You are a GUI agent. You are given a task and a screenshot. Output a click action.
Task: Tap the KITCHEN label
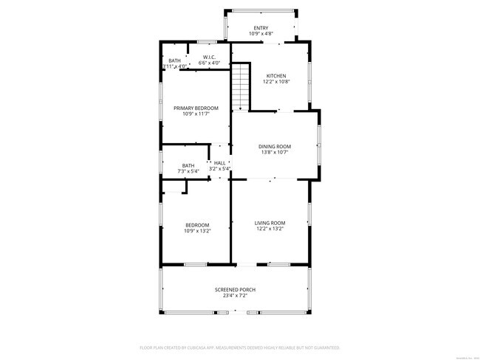[275, 75]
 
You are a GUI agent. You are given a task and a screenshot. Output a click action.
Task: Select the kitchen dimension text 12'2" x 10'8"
[275, 81]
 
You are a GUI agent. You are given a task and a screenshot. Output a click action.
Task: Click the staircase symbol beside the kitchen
[241, 86]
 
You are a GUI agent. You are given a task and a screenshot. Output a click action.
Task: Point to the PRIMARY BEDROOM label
[196, 108]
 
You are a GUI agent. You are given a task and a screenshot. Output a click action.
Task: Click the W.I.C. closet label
[209, 58]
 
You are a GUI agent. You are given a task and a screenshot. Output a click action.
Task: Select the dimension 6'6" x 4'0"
[209, 63]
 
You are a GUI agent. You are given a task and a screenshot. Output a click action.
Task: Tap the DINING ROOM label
[275, 146]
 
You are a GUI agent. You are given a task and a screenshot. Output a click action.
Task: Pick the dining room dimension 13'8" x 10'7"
[275, 153]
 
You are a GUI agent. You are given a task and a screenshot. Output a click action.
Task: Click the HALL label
[219, 163]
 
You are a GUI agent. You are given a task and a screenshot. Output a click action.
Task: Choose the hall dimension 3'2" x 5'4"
[219, 169]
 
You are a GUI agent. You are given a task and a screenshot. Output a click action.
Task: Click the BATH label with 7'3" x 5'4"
[188, 165]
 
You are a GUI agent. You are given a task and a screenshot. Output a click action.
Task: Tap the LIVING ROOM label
[270, 223]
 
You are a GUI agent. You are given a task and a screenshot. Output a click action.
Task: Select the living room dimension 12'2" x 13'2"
[270, 229]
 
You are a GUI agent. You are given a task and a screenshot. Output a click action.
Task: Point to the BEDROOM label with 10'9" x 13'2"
[197, 225]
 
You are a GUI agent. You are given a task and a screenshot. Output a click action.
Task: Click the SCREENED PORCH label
[235, 290]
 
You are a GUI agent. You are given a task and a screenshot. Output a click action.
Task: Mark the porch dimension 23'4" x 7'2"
[235, 296]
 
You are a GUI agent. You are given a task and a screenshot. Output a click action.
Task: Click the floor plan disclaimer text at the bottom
[239, 347]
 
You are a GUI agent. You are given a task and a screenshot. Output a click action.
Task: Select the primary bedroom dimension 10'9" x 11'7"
[196, 114]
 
